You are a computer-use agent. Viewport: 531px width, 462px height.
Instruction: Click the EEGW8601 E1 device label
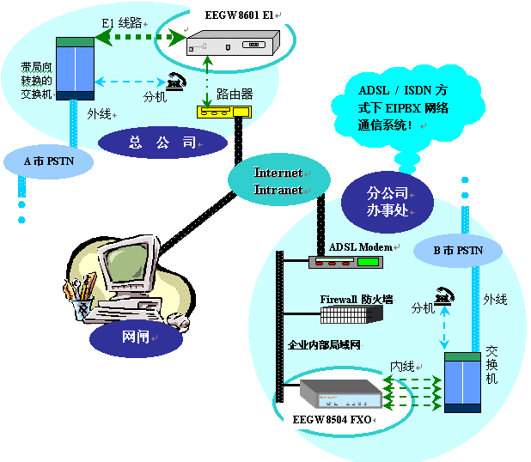pyautogui.click(x=237, y=14)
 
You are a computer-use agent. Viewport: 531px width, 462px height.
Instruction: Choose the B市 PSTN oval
pyautogui.click(x=457, y=251)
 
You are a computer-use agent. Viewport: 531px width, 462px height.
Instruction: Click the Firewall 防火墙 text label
pyautogui.click(x=357, y=300)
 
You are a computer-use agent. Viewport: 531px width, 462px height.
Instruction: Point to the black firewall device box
pyautogui.click(x=350, y=315)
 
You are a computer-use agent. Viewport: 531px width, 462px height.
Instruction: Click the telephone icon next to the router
pyautogui.click(x=178, y=81)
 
